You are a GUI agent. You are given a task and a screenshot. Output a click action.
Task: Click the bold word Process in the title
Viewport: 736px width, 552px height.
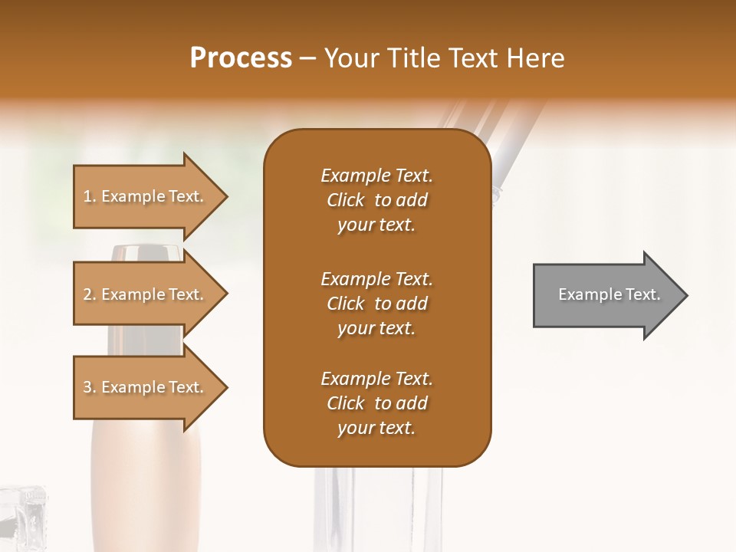coord(241,58)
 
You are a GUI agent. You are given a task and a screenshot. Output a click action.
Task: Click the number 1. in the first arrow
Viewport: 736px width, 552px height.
coord(90,196)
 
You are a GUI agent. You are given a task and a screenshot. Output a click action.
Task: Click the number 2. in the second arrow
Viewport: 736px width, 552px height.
coord(90,294)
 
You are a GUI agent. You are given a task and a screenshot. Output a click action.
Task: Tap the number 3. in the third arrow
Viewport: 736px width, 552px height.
coord(90,387)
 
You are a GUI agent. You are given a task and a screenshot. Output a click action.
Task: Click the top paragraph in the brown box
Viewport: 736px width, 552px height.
coord(376,200)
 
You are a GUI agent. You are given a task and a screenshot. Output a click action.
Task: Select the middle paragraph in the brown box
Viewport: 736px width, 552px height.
coord(376,304)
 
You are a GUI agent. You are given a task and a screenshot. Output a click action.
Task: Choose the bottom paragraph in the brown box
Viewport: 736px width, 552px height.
coord(376,403)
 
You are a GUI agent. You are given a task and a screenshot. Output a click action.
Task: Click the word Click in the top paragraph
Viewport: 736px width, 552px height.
coord(346,200)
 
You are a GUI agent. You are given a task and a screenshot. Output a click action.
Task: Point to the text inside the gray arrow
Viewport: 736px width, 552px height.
coord(609,294)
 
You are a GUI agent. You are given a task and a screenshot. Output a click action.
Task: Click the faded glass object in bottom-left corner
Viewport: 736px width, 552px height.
coord(23,517)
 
